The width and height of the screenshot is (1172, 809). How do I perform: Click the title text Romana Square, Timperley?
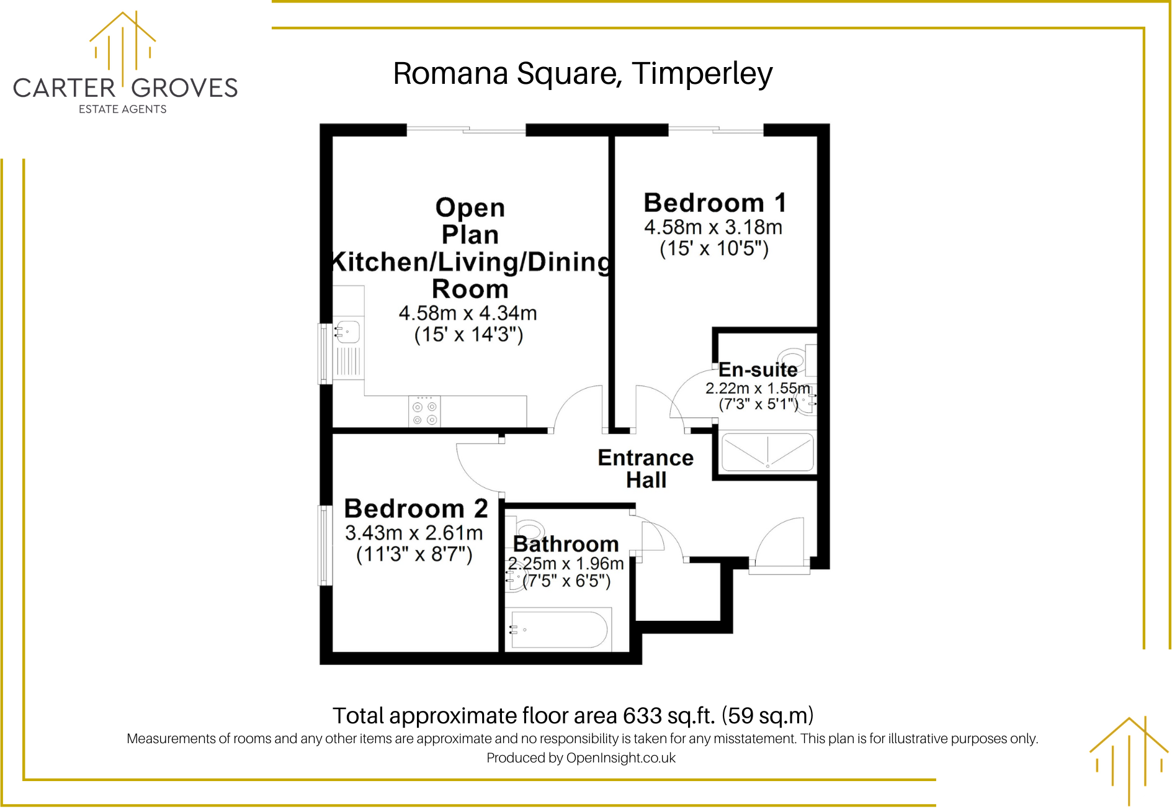(x=583, y=74)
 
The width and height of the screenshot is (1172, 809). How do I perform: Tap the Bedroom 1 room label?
(x=715, y=203)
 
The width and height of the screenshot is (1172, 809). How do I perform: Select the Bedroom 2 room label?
(x=416, y=508)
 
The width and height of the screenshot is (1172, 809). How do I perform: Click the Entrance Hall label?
(x=645, y=469)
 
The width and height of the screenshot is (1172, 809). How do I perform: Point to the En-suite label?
(x=758, y=370)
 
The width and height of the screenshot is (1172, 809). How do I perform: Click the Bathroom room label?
(x=566, y=544)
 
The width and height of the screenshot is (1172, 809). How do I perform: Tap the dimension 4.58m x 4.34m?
(x=468, y=313)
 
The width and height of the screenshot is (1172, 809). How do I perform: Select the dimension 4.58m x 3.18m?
(x=713, y=227)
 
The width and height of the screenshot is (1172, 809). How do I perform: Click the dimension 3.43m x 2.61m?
(x=414, y=533)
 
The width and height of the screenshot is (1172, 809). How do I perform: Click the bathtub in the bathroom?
(x=558, y=630)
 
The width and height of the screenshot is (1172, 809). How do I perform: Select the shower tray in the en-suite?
(x=767, y=452)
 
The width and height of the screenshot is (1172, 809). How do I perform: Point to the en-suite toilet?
(x=795, y=359)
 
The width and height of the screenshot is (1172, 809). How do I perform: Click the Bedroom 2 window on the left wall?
(x=324, y=545)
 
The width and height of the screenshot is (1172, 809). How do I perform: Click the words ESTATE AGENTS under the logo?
(x=123, y=109)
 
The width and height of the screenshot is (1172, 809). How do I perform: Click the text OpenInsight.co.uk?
(x=620, y=758)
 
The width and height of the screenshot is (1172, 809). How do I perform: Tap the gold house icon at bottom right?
(x=1129, y=761)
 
